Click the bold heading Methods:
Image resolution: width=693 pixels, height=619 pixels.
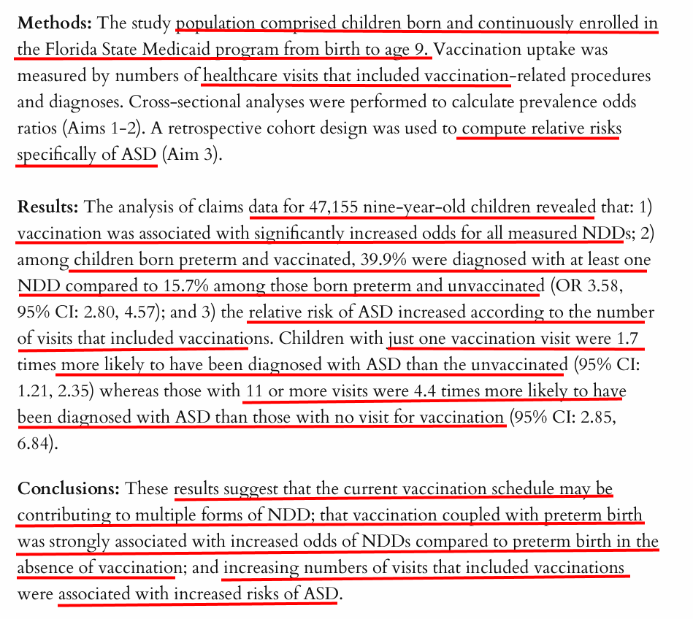pos(55,23)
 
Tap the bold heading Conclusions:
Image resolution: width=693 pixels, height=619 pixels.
pos(69,488)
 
